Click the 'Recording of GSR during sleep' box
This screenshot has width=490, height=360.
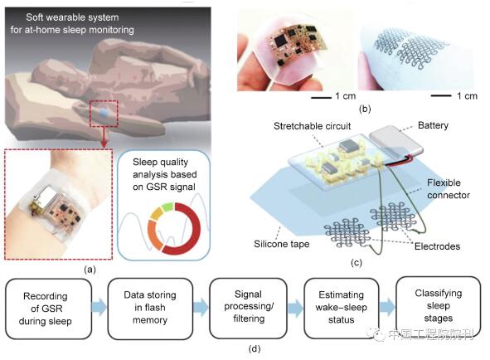click(48, 309)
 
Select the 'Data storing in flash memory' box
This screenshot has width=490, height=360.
click(150, 309)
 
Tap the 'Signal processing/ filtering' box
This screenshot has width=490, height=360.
click(249, 308)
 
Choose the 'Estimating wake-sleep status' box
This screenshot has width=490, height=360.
click(342, 308)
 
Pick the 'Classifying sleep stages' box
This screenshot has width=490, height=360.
click(438, 307)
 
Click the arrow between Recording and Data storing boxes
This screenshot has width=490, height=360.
click(99, 307)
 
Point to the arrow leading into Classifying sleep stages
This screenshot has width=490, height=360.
click(387, 307)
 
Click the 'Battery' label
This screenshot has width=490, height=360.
click(433, 125)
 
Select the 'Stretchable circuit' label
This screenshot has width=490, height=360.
click(312, 126)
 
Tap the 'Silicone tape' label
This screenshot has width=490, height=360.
click(282, 244)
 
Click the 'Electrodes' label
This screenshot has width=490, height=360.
click(437, 246)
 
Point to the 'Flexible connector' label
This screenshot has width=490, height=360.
click(449, 189)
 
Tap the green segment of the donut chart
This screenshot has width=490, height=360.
click(167, 207)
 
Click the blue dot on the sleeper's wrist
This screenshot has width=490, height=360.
click(104, 114)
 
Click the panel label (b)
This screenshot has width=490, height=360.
click(365, 109)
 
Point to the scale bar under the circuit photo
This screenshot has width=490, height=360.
click(321, 98)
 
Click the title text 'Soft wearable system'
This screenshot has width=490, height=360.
click(72, 17)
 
